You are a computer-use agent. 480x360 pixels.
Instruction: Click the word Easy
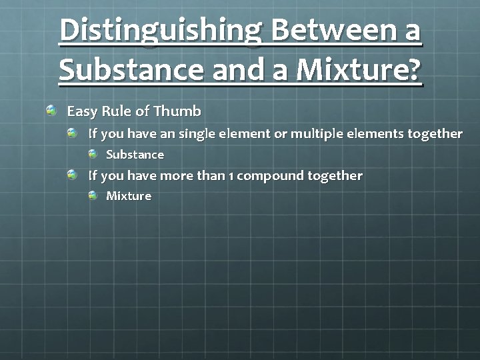(x=82, y=111)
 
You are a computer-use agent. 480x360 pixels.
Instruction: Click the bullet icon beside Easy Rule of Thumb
(x=51, y=109)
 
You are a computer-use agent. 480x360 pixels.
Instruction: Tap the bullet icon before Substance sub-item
(x=93, y=153)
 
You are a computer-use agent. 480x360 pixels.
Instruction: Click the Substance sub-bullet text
(x=135, y=155)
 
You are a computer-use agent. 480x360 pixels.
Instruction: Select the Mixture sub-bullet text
(x=129, y=196)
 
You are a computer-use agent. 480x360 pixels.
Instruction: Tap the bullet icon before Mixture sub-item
(x=93, y=195)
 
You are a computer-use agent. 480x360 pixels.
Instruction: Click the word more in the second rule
(x=177, y=176)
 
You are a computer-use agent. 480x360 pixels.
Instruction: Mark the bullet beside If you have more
(x=73, y=175)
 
